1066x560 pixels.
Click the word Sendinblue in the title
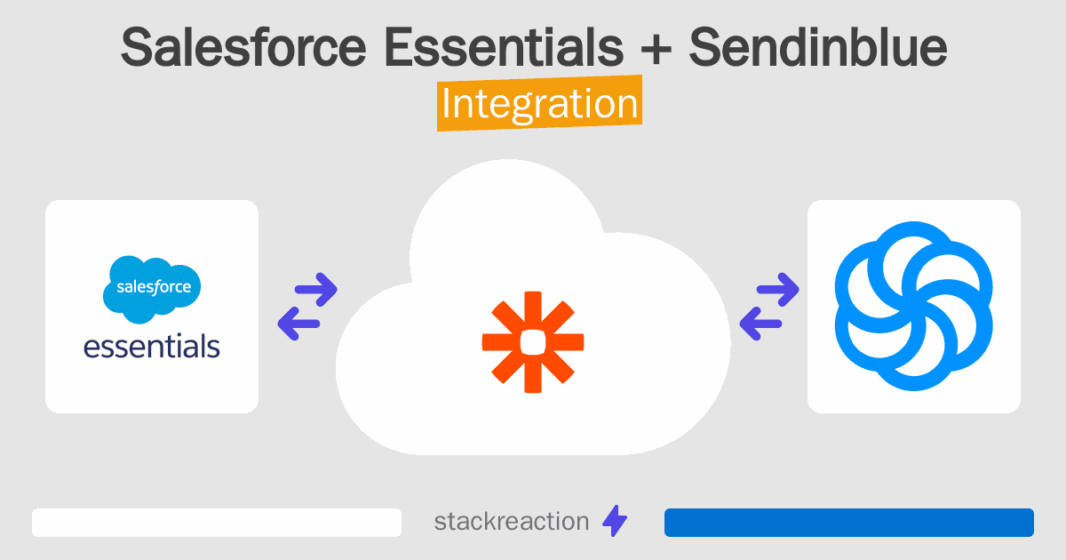pyautogui.click(x=818, y=49)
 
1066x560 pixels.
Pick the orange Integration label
pyautogui.click(x=539, y=104)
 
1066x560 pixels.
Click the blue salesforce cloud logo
pyautogui.click(x=152, y=287)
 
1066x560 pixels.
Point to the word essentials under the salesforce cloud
pyautogui.click(x=152, y=345)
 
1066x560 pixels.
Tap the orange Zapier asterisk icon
pyautogui.click(x=532, y=341)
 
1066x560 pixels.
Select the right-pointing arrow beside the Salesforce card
pyautogui.click(x=315, y=288)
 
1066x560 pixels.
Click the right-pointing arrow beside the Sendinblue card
pyautogui.click(x=778, y=288)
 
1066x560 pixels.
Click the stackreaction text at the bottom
pyautogui.click(x=511, y=521)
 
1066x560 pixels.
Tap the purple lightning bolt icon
pyautogui.click(x=615, y=522)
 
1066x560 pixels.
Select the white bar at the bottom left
pyautogui.click(x=217, y=523)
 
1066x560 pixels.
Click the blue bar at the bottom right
pyautogui.click(x=848, y=523)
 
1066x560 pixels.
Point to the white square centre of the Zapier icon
pyautogui.click(x=532, y=341)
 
